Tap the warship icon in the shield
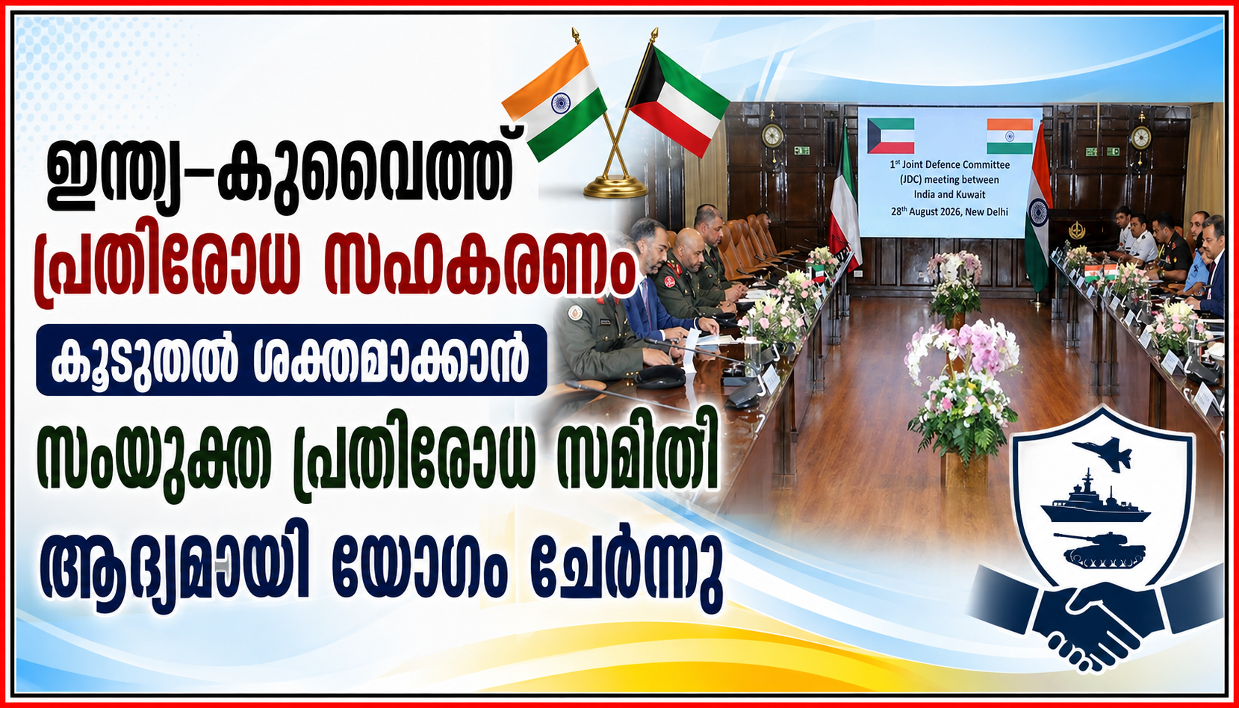tap(1095, 500)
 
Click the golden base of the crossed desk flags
tap(615, 187)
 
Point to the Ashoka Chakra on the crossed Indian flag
tap(561, 103)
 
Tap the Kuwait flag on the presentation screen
tap(890, 135)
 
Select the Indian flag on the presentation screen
tap(1010, 136)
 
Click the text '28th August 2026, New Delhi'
tap(949, 211)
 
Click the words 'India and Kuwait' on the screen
tap(949, 195)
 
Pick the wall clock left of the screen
tap(772, 135)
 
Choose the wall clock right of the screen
tap(1140, 137)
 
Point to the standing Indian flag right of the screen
tap(1037, 210)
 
